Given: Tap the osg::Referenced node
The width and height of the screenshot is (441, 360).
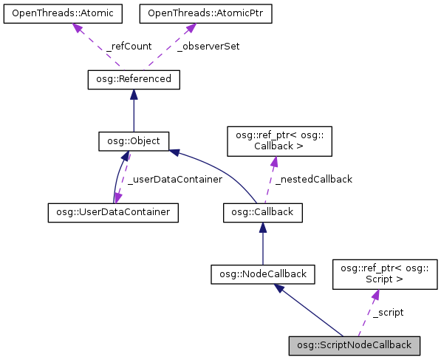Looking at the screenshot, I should pos(133,78).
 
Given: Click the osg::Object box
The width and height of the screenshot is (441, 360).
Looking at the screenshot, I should pos(134,140).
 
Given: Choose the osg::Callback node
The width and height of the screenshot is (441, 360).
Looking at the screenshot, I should pos(262,212).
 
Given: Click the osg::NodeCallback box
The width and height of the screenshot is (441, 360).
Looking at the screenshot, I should pos(263,274).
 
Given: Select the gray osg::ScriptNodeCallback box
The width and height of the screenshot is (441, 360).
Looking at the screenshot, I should pos(355,345).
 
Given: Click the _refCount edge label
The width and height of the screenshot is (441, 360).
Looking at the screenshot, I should pos(129,46).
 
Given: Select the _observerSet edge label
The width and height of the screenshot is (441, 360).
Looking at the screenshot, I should pos(208,46).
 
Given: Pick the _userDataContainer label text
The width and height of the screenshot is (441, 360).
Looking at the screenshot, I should pos(174,180).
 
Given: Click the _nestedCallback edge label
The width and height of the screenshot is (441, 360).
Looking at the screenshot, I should pos(313,179).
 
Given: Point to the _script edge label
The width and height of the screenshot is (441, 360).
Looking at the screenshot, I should pos(387,313).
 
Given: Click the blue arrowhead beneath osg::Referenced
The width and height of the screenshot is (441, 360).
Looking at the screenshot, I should pos(133,95).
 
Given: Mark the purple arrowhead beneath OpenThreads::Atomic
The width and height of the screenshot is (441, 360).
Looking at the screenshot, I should pos(75,28).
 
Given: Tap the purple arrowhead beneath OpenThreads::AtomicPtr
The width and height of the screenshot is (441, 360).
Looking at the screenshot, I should pos(191,28).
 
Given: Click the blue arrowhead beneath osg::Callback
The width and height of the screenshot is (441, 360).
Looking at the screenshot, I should pos(263,228).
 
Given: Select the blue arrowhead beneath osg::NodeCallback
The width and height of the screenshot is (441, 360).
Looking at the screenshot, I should pos(281,289).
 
